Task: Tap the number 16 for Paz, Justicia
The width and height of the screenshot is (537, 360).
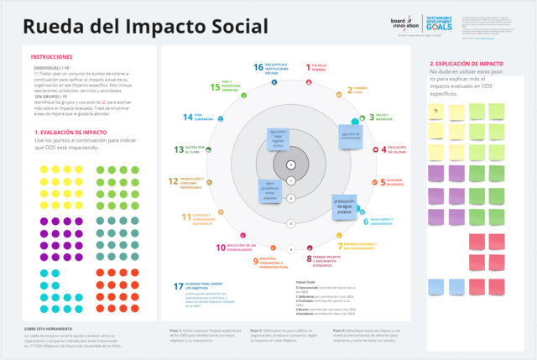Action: (258, 66)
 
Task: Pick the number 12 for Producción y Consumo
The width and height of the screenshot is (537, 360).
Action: (173, 180)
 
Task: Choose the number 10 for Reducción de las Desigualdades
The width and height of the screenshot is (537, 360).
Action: (221, 247)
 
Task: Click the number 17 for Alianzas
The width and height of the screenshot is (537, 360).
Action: (178, 287)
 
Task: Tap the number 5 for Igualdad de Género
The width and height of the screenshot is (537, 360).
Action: (383, 182)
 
